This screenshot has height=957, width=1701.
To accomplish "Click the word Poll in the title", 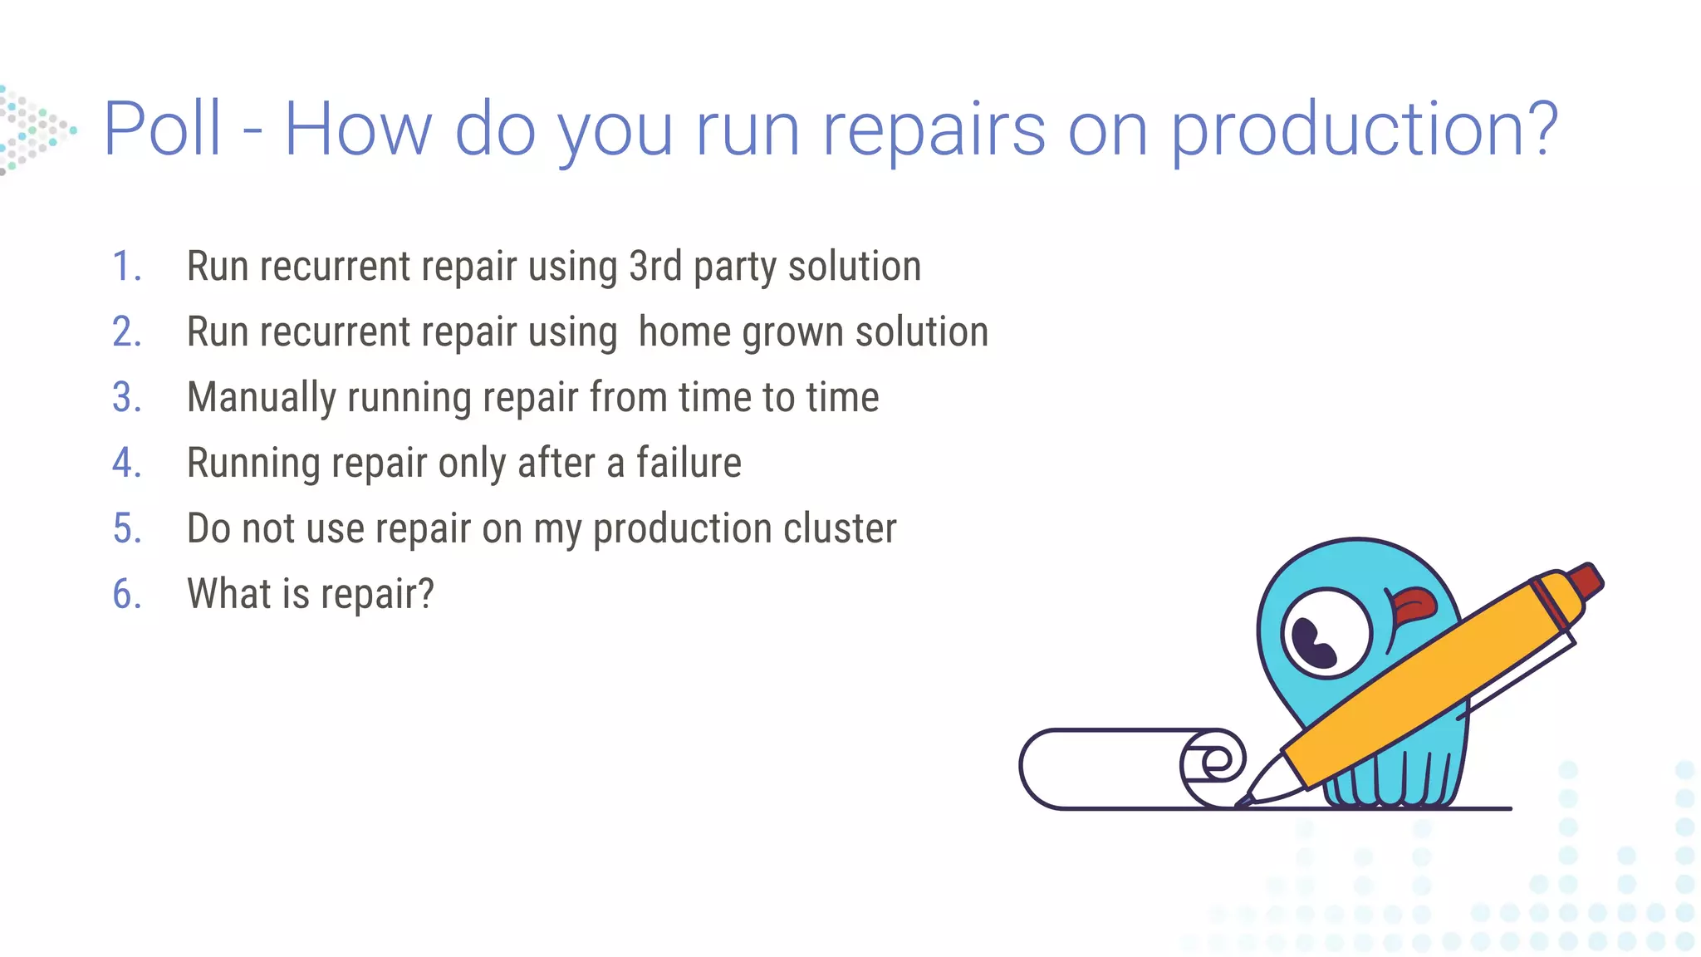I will click(x=163, y=129).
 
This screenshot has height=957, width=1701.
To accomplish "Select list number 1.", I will click(x=126, y=267).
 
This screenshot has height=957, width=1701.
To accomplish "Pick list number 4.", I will click(x=126, y=463).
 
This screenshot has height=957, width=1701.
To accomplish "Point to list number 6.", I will click(x=126, y=594).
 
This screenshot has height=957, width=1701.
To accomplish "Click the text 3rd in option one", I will click(x=655, y=267).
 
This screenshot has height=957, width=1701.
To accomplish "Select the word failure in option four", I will click(x=689, y=463).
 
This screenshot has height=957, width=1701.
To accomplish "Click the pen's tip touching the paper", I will click(x=1246, y=800).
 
